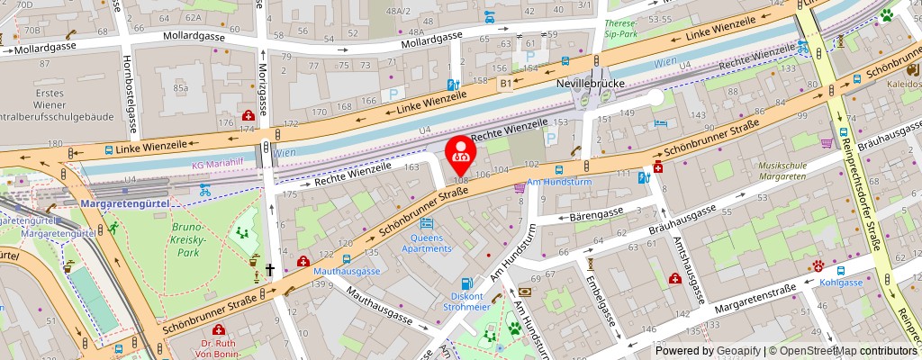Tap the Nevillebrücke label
tap(590, 82)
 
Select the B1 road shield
tap(506, 84)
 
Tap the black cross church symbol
tap(269, 269)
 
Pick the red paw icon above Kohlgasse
tap(818, 265)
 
